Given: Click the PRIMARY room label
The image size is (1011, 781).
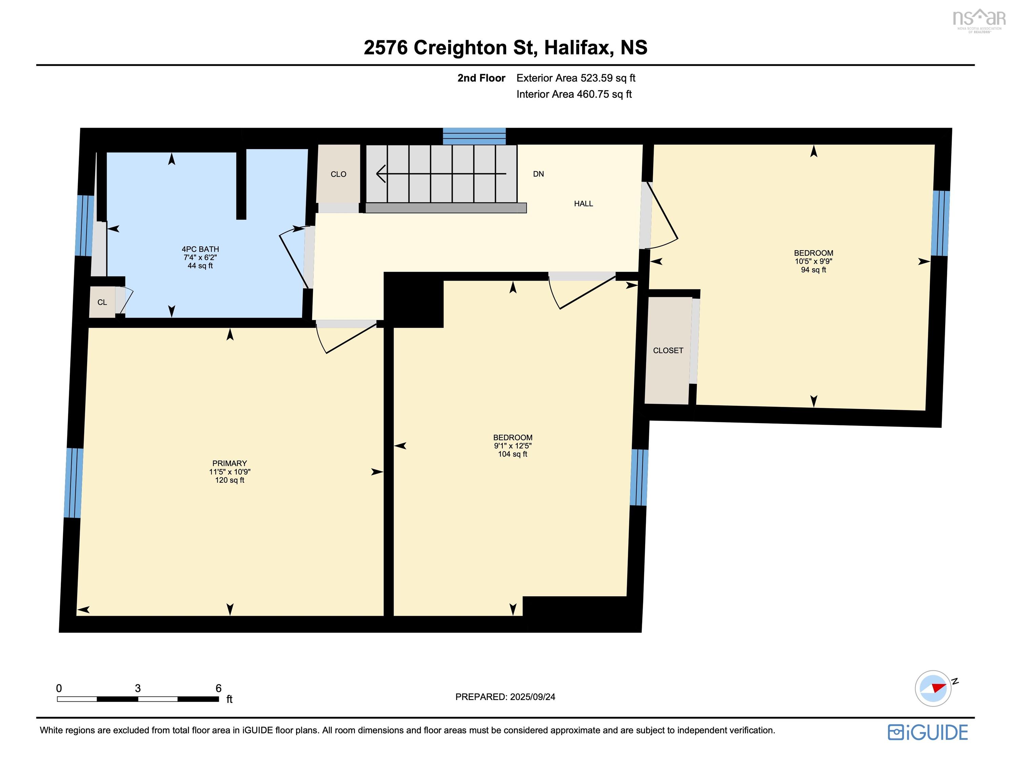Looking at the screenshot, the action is pyautogui.click(x=230, y=463).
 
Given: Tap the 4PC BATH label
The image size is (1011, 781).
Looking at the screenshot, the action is pyautogui.click(x=200, y=249).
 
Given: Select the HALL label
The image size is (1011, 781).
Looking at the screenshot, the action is pyautogui.click(x=583, y=203).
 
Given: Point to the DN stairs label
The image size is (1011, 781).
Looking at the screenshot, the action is pyautogui.click(x=538, y=174).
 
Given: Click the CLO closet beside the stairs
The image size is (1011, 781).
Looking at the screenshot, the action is pyautogui.click(x=338, y=174).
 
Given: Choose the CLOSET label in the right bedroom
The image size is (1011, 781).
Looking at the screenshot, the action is pyautogui.click(x=668, y=351).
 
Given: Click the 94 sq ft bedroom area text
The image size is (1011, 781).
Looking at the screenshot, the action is pyautogui.click(x=813, y=269).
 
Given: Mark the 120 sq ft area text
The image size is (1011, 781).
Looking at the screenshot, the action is pyautogui.click(x=230, y=480).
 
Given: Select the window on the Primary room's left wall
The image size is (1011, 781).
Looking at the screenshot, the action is pyautogui.click(x=74, y=483).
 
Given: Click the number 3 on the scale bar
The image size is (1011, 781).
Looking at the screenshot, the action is pyautogui.click(x=138, y=688).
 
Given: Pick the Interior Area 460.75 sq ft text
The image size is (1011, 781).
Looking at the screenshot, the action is pyautogui.click(x=574, y=95).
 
